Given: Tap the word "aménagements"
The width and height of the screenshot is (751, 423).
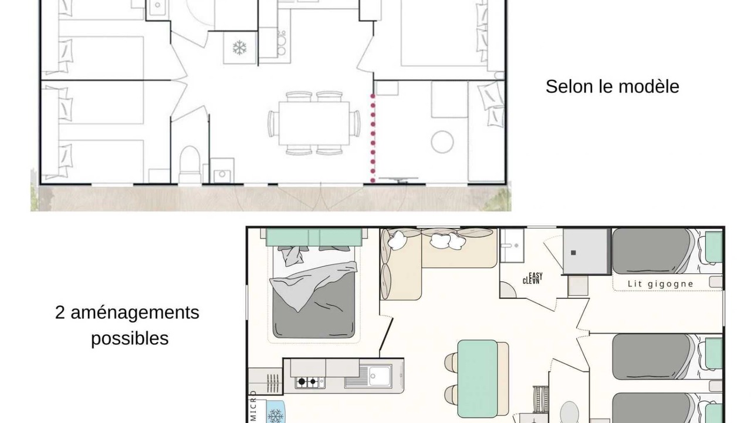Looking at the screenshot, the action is [x=135, y=313].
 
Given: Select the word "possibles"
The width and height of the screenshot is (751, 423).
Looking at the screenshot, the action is [x=130, y=338].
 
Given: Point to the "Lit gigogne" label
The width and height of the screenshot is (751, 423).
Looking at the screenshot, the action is [x=661, y=284].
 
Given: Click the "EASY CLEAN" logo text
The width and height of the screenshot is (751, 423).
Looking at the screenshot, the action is [x=533, y=278].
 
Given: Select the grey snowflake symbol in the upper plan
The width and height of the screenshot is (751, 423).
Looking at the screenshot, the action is [x=239, y=48].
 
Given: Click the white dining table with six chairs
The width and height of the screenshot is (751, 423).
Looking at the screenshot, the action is [x=314, y=123].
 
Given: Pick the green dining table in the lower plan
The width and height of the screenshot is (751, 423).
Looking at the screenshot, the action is [x=478, y=378].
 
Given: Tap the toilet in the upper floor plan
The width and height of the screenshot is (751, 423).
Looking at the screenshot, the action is [x=190, y=164].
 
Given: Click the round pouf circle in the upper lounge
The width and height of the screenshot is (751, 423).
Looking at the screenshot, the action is [x=442, y=142].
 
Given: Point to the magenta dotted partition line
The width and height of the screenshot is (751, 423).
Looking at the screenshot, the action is [x=373, y=138].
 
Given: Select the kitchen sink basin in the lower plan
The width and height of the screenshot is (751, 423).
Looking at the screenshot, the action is [x=380, y=375].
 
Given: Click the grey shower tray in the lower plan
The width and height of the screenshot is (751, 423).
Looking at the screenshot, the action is [x=586, y=251].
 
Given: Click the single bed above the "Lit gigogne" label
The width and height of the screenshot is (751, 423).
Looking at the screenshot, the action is [x=667, y=251].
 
